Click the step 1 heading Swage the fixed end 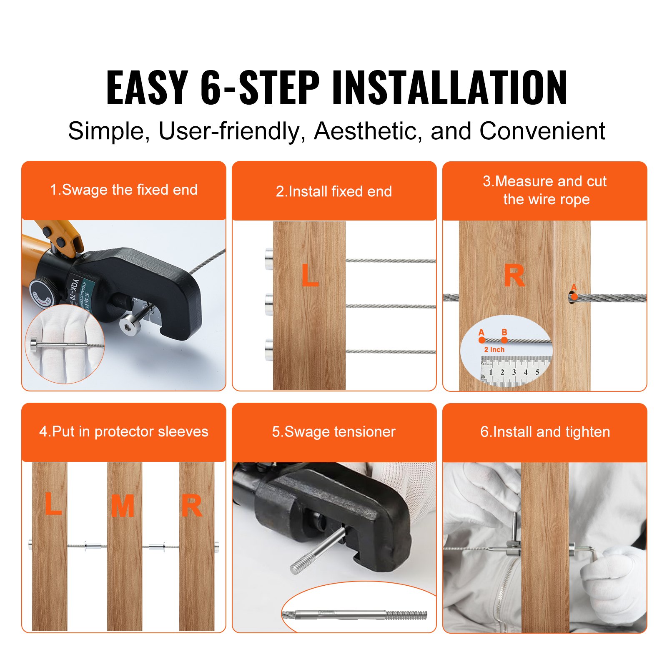tap(124, 190)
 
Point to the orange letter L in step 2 tap(310, 276)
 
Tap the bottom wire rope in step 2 tap(390, 351)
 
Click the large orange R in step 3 tap(514, 276)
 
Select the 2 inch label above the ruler tap(494, 350)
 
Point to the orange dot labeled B tap(504, 340)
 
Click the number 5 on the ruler tap(537, 372)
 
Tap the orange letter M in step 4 tap(122, 506)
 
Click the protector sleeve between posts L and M tap(93, 545)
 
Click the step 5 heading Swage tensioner tap(333, 431)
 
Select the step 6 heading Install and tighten tap(545, 431)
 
